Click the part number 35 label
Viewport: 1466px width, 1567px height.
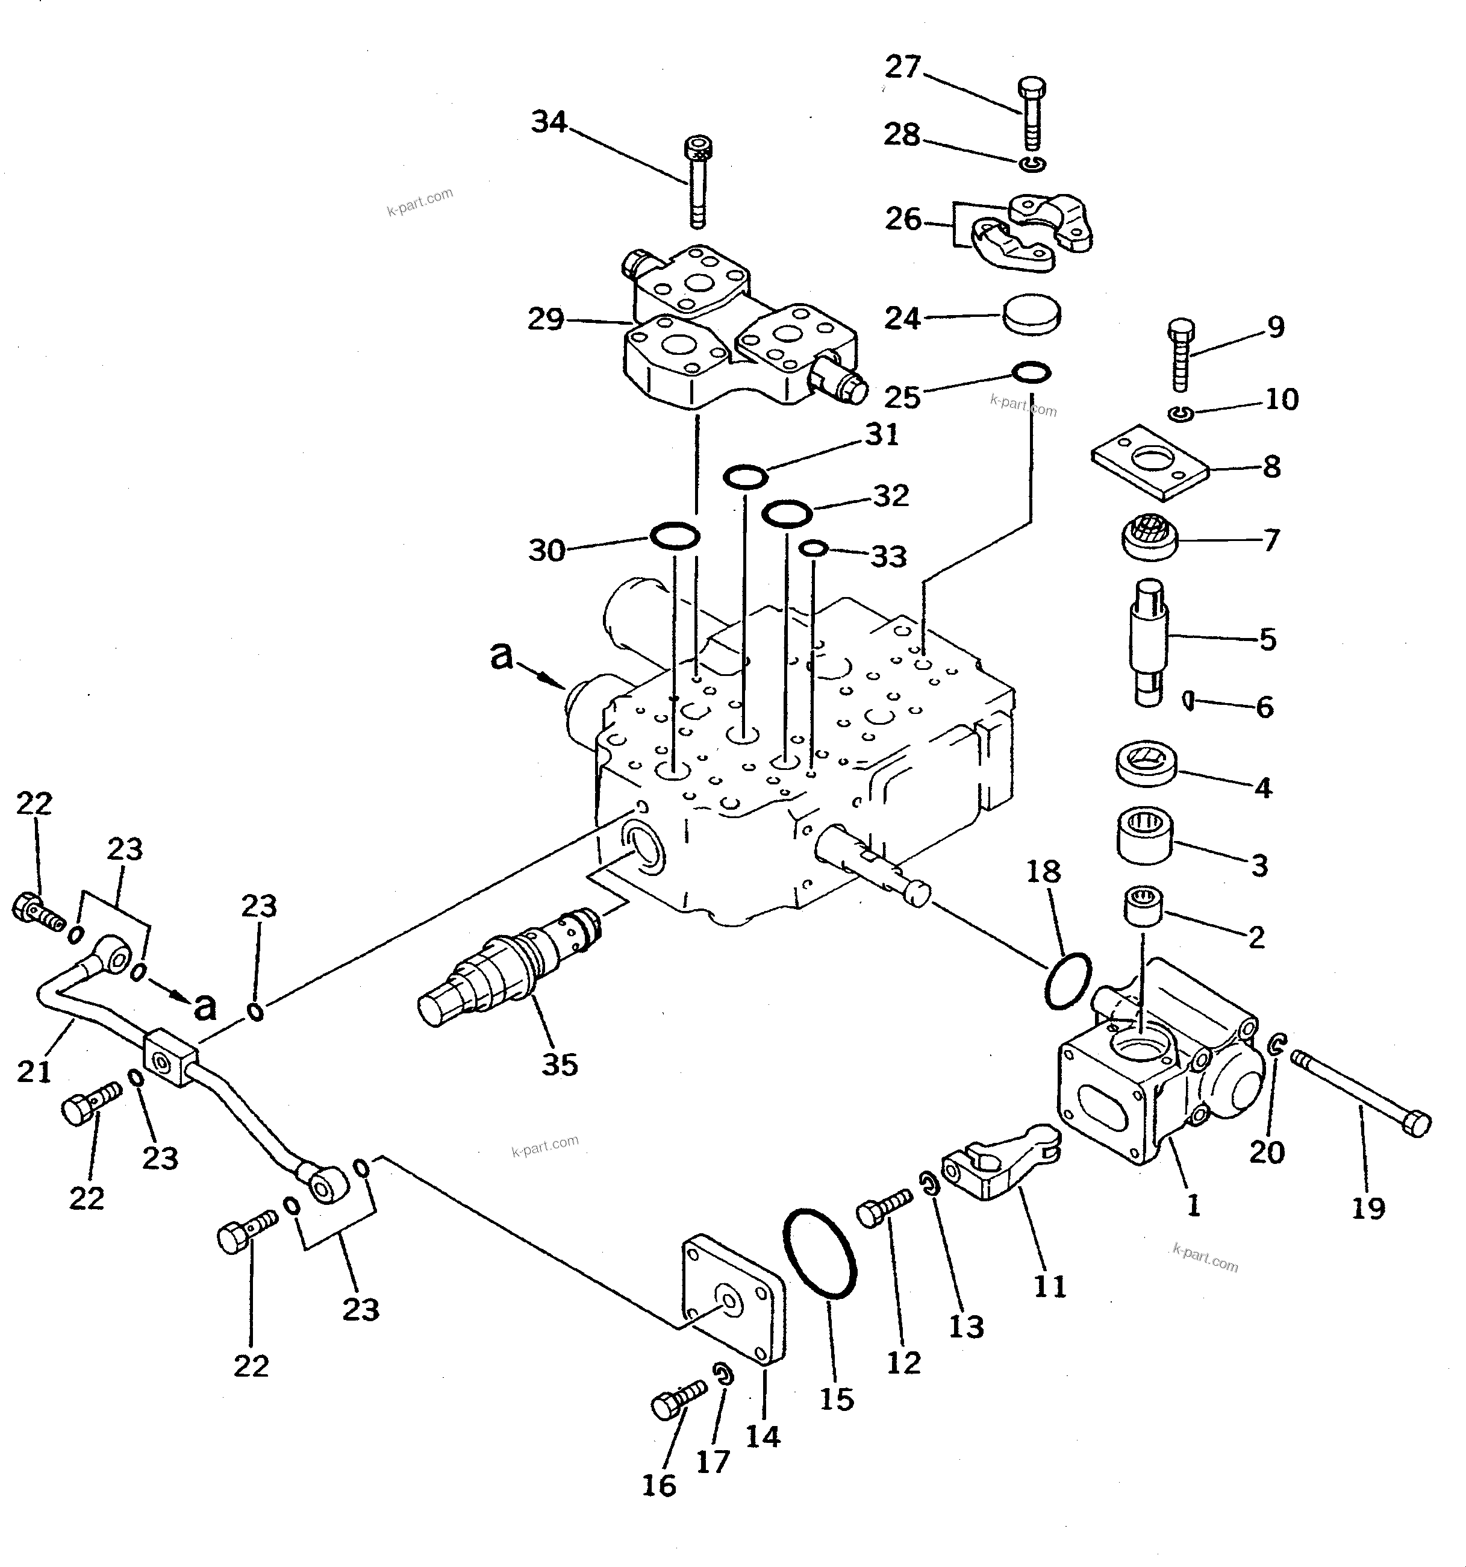pos(560,1065)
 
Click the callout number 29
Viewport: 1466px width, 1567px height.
pos(546,320)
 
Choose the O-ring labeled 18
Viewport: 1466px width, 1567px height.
pos(1068,981)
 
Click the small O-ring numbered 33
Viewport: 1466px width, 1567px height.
pos(813,548)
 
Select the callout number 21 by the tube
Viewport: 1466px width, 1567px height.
pos(34,1071)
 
